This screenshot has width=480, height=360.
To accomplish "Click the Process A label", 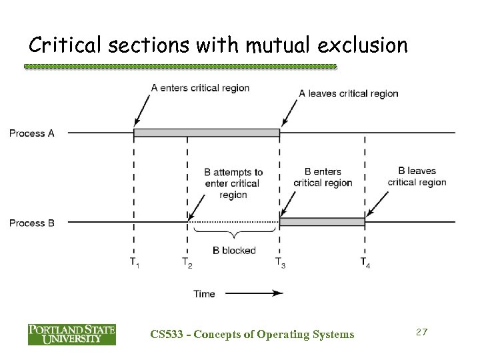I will point(31,133).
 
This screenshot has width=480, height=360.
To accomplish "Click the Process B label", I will point(31,223).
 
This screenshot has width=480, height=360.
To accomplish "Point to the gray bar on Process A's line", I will point(207,133).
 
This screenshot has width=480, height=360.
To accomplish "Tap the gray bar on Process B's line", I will point(322,222).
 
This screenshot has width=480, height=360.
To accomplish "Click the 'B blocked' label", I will point(233,251).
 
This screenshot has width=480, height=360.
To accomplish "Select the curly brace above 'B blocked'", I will point(233,234).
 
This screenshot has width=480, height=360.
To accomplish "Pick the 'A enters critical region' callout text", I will point(200,87).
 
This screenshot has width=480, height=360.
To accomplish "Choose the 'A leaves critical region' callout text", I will point(348,93).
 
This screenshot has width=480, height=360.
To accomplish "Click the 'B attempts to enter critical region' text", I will point(233,183).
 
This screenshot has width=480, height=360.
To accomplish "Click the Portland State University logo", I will point(71,333).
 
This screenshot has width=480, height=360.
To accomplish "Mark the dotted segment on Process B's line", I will point(233,222).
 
